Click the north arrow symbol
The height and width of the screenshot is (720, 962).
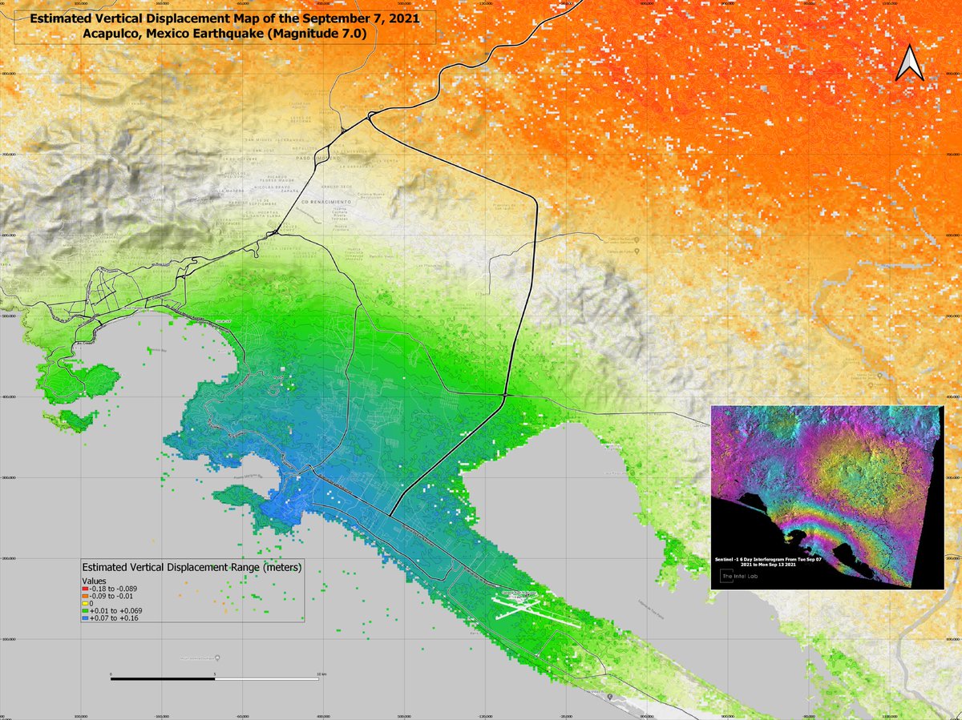(910, 64)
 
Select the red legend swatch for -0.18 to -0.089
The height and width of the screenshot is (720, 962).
(86, 588)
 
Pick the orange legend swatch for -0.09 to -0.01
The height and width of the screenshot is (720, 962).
(86, 595)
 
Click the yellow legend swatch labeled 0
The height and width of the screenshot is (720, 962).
(86, 603)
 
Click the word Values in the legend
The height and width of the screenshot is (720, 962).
(95, 580)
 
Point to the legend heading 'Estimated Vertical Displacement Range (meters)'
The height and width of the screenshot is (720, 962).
(192, 568)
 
